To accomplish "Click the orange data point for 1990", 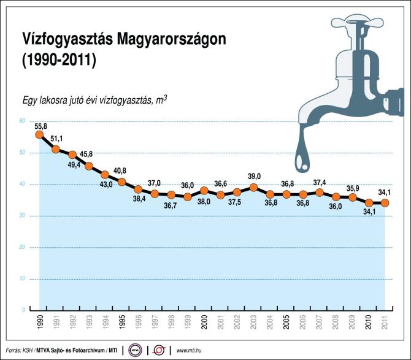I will point(39,134).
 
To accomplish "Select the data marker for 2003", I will point(253,187).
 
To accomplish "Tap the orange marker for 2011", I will point(385,203).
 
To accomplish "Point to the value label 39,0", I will point(254,177).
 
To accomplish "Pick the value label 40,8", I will point(121,170).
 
